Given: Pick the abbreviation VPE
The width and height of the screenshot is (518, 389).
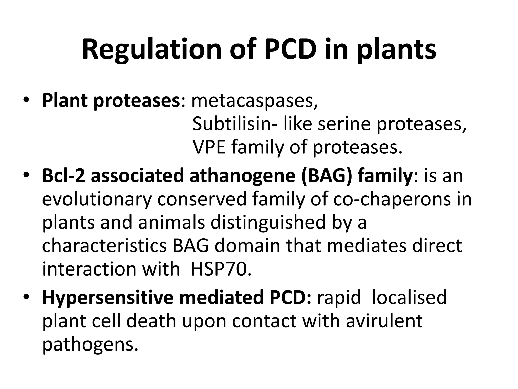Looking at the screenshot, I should click(209, 147).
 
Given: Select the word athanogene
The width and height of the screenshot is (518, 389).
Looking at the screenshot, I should click(242, 176).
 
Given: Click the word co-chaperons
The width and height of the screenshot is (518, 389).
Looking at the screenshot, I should click(392, 199).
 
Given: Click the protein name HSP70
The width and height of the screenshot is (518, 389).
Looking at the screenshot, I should click(221, 269).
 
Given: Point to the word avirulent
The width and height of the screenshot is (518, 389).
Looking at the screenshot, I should click(384, 321).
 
